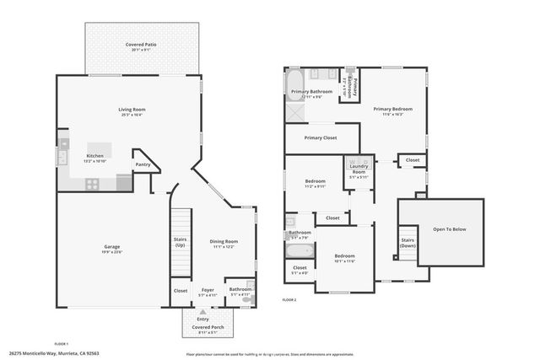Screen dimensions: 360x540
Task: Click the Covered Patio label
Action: (x=143, y=46)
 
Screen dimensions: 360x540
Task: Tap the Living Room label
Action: (x=132, y=110)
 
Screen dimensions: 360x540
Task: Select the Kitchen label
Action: (x=95, y=156)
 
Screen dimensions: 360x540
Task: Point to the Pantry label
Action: (x=143, y=164)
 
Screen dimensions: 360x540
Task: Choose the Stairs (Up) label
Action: (x=181, y=243)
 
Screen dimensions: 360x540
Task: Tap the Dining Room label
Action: (x=224, y=242)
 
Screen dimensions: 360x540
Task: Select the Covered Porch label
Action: (x=204, y=327)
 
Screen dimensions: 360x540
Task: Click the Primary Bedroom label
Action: (x=393, y=109)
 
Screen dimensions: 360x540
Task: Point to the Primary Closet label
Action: (x=321, y=137)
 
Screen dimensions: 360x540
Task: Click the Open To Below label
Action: (x=449, y=229)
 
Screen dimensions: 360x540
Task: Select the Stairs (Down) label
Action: (x=408, y=242)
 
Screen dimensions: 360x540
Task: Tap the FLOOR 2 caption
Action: (x=290, y=299)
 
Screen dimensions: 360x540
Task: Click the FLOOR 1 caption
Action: (x=62, y=344)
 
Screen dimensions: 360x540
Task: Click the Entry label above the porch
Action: (x=203, y=319)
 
